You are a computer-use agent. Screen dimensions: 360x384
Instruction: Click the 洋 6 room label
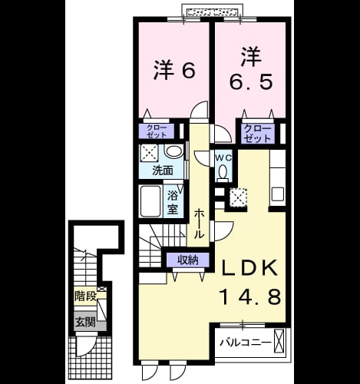pyautogui.click(x=174, y=70)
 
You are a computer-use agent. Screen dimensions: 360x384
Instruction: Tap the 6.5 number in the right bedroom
pyautogui.click(x=250, y=82)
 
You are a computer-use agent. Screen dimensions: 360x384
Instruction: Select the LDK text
pyautogui.click(x=249, y=268)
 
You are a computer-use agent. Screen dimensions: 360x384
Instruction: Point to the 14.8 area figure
pyautogui.click(x=250, y=296)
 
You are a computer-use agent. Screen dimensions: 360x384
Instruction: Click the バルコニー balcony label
pyautogui.click(x=246, y=343)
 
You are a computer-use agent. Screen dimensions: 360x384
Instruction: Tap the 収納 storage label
pyautogui.click(x=188, y=260)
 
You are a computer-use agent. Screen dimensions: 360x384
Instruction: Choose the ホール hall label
pyautogui.click(x=199, y=223)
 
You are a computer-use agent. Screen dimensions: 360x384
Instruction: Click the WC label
pyautogui.click(x=223, y=158)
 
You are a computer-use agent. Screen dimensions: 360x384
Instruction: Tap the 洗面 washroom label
pyautogui.click(x=163, y=170)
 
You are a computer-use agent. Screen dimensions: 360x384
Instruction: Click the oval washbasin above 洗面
pyautogui.click(x=174, y=151)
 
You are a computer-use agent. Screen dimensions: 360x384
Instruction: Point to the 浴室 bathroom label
pyautogui.click(x=173, y=203)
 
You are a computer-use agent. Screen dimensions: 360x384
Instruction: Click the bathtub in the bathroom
pyautogui.click(x=150, y=201)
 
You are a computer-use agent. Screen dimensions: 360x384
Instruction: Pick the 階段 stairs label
pyautogui.click(x=85, y=296)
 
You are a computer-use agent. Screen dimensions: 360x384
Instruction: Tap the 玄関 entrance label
pyautogui.click(x=85, y=322)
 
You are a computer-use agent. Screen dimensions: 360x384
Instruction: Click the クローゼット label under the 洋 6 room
pyautogui.click(x=157, y=131)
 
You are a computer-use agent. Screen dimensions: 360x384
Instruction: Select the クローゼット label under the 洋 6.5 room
pyautogui.click(x=257, y=134)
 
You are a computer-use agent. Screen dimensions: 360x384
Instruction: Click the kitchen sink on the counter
pyautogui.click(x=278, y=194)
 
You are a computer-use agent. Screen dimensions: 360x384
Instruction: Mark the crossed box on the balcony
pyautogui.click(x=279, y=342)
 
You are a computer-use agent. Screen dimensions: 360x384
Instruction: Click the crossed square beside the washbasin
pyautogui.click(x=149, y=153)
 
